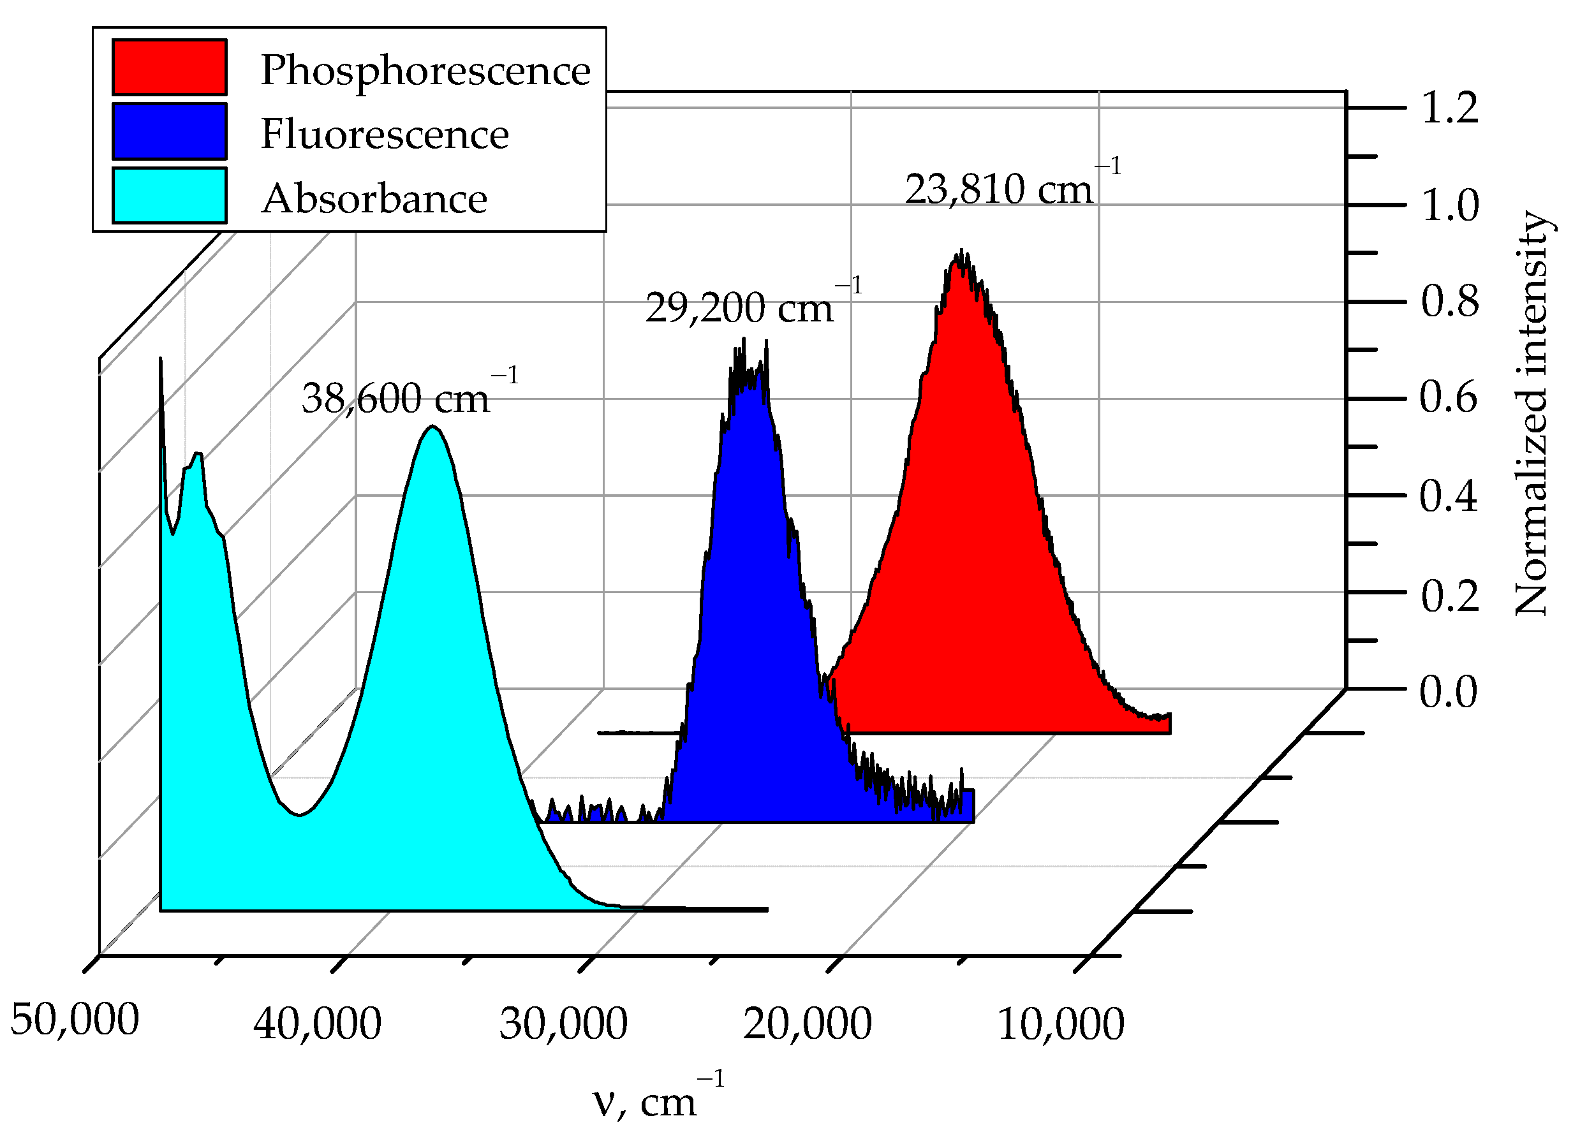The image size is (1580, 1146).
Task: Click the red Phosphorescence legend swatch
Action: tap(169, 67)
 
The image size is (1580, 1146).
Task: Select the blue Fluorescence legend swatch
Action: tap(169, 131)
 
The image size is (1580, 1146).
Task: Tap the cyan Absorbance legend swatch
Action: tap(169, 196)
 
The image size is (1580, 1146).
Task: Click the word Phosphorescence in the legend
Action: tap(425, 71)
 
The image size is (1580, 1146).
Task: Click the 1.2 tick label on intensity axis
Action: tap(1449, 108)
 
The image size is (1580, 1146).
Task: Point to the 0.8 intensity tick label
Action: tap(1449, 302)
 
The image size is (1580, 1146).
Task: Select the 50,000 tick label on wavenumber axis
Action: tap(75, 1020)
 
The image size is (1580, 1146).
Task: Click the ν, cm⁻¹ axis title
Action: tap(658, 1100)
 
